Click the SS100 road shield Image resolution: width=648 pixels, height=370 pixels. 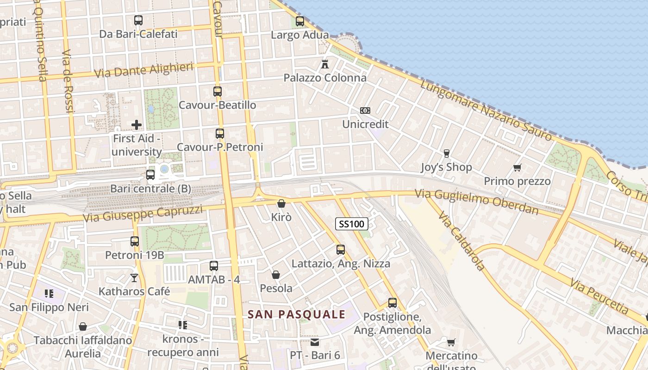[351, 224]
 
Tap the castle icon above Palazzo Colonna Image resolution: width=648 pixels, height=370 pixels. [325, 64]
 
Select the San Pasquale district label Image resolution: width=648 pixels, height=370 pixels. [296, 314]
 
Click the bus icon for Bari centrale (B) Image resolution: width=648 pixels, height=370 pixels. [150, 175]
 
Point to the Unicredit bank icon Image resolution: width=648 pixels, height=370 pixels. [365, 111]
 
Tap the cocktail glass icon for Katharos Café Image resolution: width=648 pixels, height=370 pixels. [134, 277]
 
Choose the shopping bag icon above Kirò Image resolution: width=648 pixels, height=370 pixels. [281, 203]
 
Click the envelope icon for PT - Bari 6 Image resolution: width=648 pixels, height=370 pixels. [315, 342]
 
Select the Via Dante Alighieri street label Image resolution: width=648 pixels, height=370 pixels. [143, 70]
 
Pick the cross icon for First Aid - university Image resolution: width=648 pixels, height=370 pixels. [137, 125]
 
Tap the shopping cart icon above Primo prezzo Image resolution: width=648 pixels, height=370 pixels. [517, 167]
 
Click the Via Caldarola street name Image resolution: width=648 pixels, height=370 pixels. [461, 241]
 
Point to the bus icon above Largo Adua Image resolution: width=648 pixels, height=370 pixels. [300, 21]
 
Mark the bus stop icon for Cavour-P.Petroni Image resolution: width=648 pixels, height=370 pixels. [220, 134]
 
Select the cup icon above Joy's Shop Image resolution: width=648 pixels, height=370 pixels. [446, 154]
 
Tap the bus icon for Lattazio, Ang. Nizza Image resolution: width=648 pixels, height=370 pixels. [341, 250]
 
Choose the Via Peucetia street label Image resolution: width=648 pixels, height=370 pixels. [599, 296]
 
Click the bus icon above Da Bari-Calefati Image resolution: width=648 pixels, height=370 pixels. [138, 20]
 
